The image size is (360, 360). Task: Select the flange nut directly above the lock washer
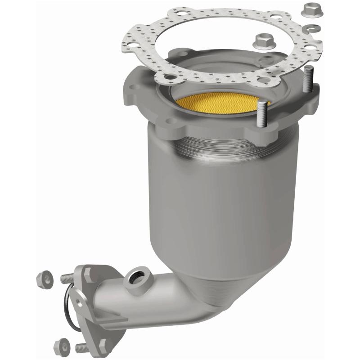(311, 9)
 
